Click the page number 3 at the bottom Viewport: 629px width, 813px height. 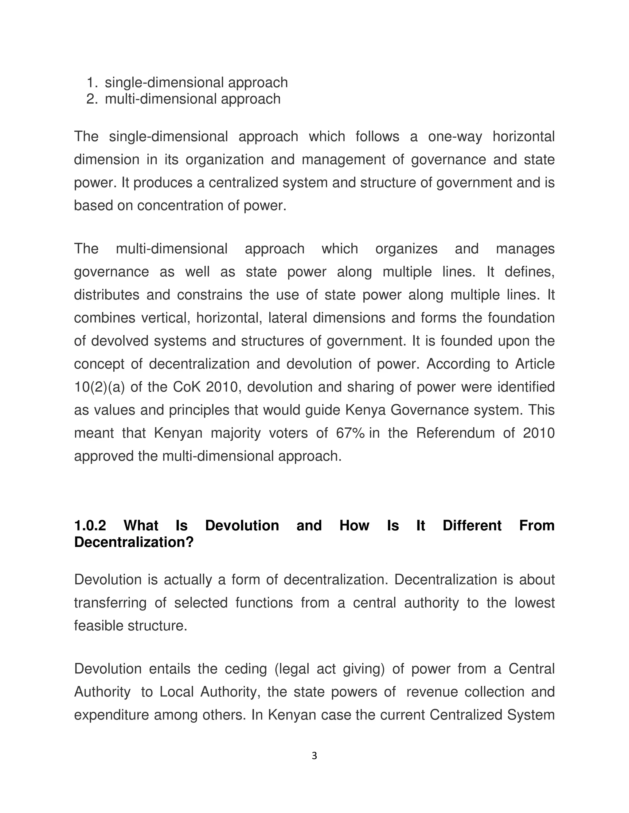coord(314,756)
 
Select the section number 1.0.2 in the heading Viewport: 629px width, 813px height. coord(90,526)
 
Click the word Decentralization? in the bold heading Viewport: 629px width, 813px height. coord(134,542)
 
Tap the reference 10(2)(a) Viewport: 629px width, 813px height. coord(99,387)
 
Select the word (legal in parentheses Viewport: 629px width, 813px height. coord(292,669)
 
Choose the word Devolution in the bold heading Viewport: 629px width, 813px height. coord(242,526)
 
